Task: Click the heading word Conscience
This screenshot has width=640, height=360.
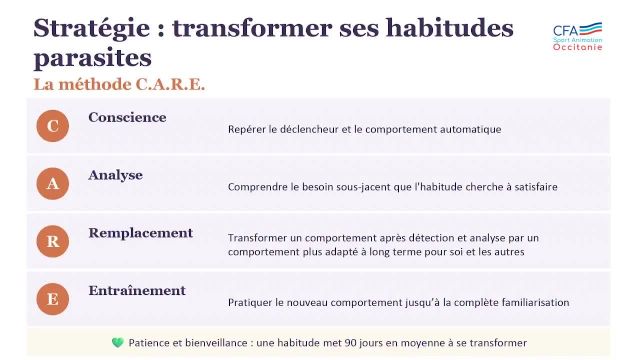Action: [x=127, y=117]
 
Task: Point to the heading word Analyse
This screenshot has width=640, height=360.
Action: [x=115, y=175]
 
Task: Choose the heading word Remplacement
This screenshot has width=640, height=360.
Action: [x=140, y=233]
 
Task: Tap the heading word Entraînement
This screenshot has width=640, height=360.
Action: [x=137, y=291]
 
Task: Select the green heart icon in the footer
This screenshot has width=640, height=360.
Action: [x=117, y=343]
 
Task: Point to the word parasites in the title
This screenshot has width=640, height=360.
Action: [x=92, y=57]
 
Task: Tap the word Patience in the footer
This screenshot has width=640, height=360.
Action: [x=149, y=343]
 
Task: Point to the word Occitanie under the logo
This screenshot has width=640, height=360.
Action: [x=578, y=47]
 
